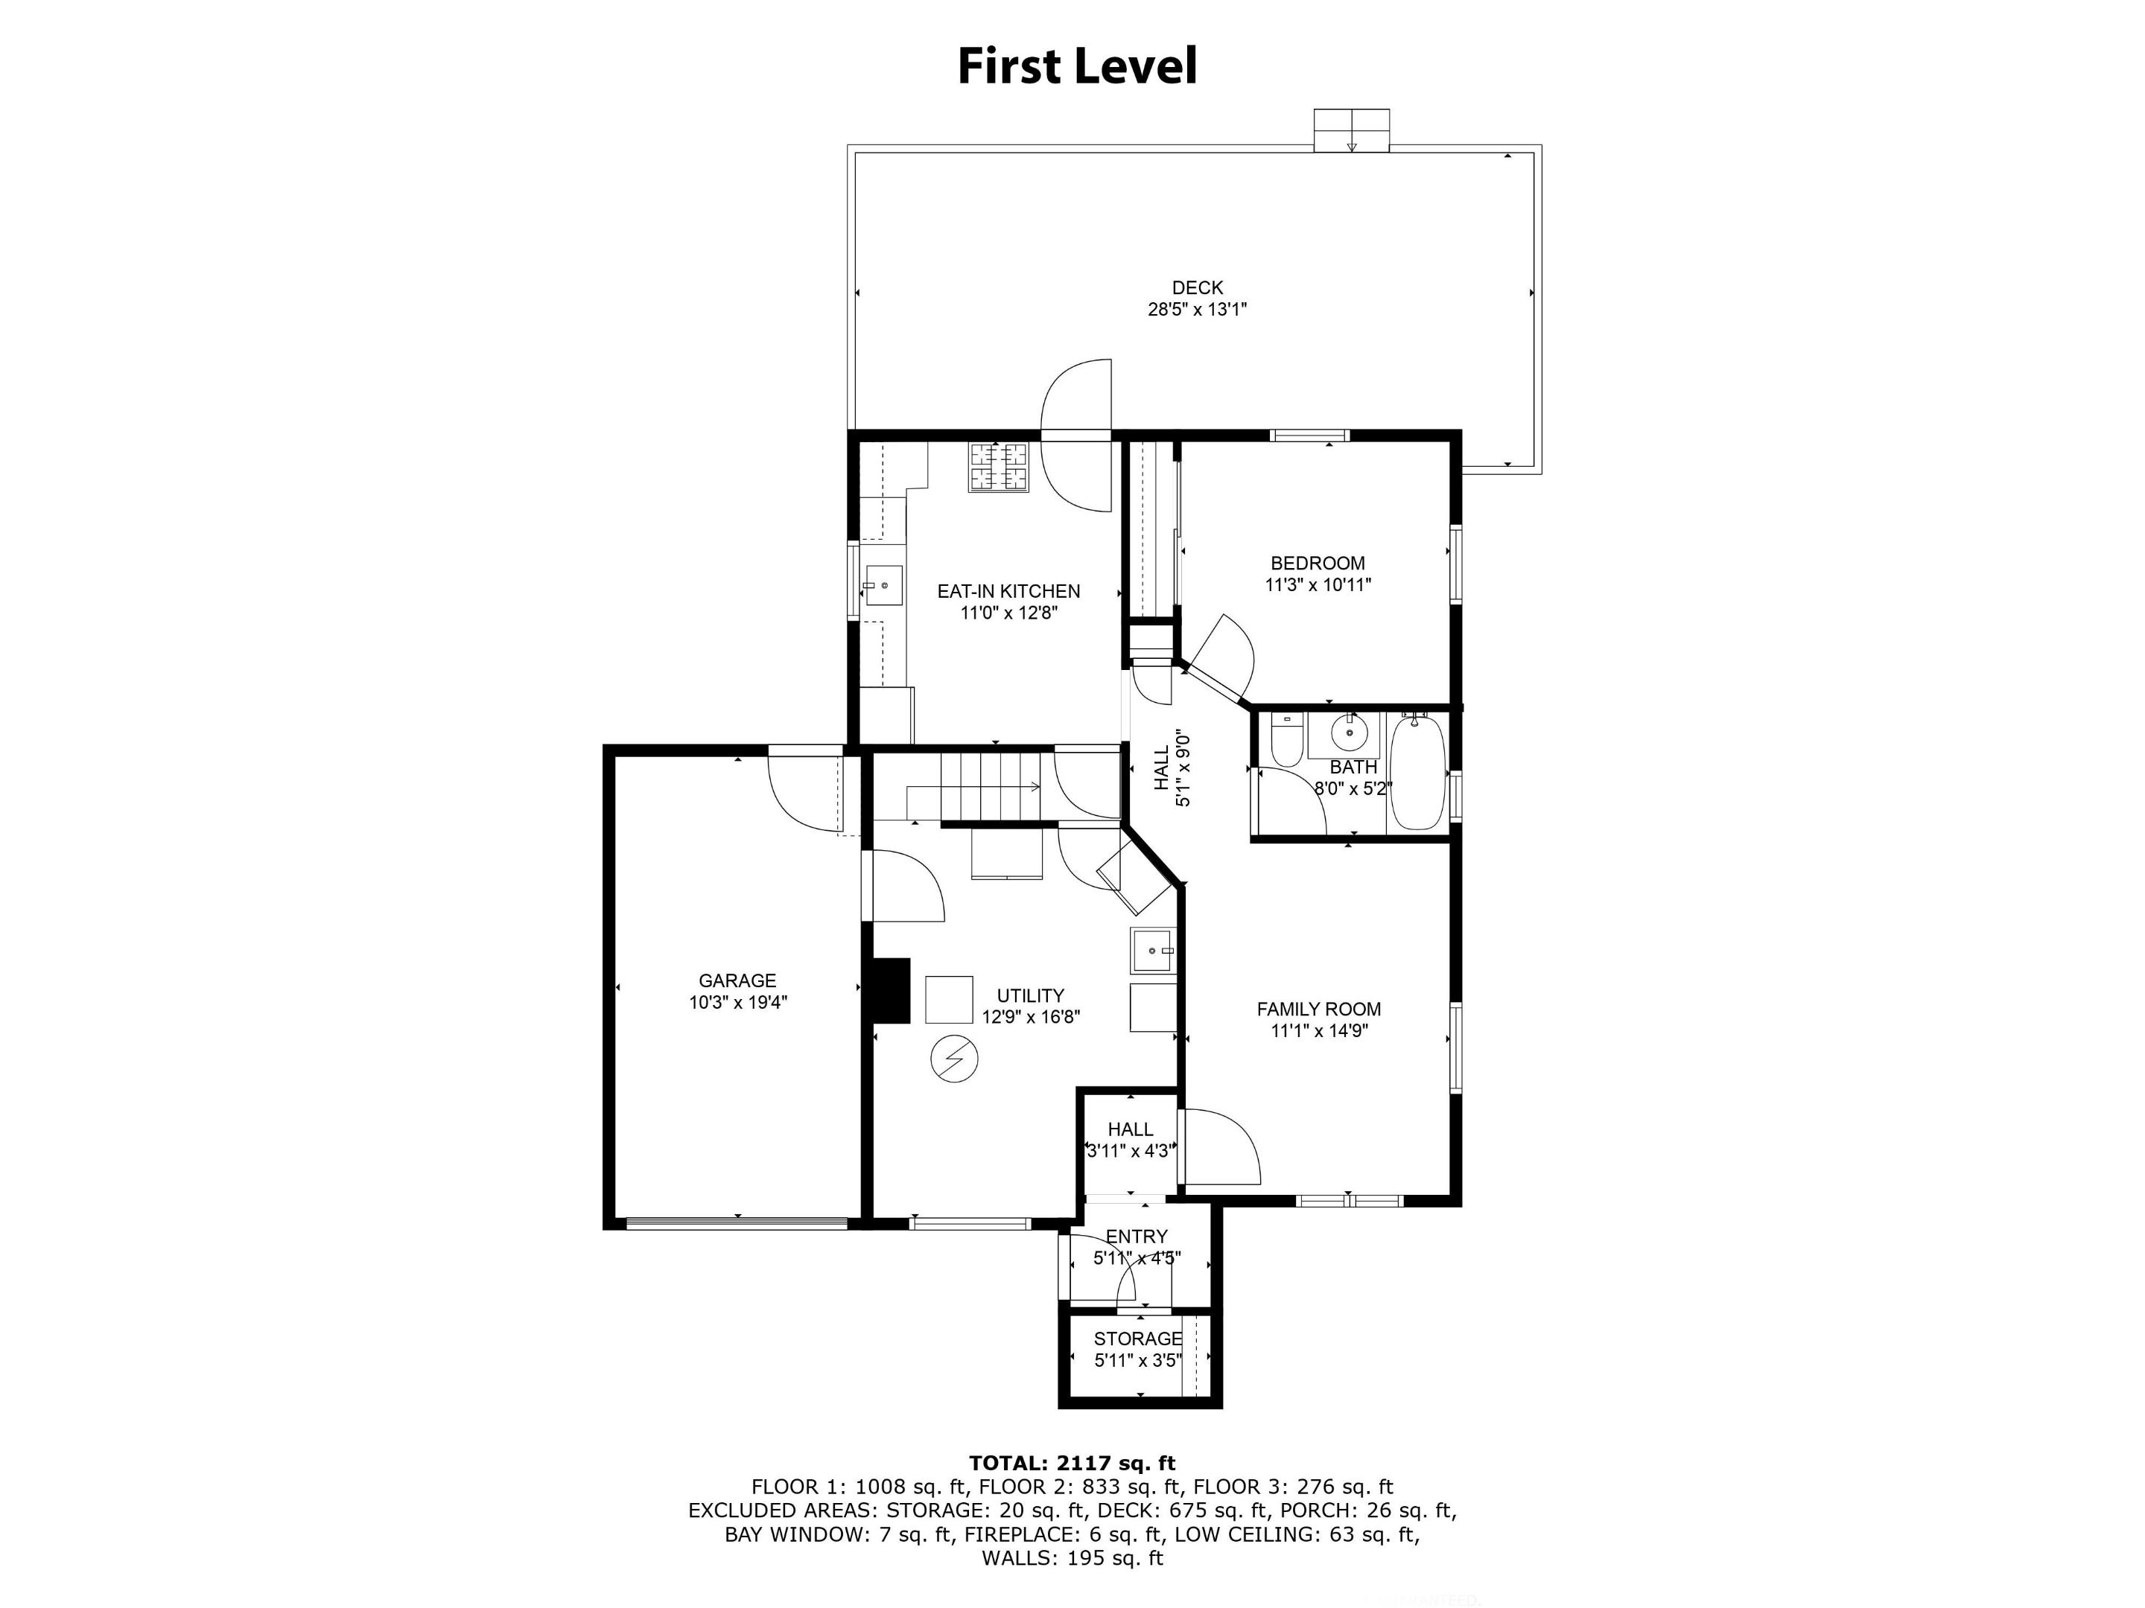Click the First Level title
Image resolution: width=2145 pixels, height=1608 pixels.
1078,67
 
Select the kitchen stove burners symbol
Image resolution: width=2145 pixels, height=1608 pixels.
997,468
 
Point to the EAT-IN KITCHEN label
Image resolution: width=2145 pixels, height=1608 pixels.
1008,591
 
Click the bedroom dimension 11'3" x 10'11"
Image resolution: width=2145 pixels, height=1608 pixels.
1318,585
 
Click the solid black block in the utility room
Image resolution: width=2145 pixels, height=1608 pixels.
890,991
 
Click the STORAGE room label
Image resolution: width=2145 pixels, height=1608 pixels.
1139,1339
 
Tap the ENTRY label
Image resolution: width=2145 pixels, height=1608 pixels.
1137,1237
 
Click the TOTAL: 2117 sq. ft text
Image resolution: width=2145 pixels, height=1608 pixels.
1072,1464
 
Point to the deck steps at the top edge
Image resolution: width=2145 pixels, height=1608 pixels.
1351,130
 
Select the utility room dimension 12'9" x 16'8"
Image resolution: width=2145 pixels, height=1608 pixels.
1031,1017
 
